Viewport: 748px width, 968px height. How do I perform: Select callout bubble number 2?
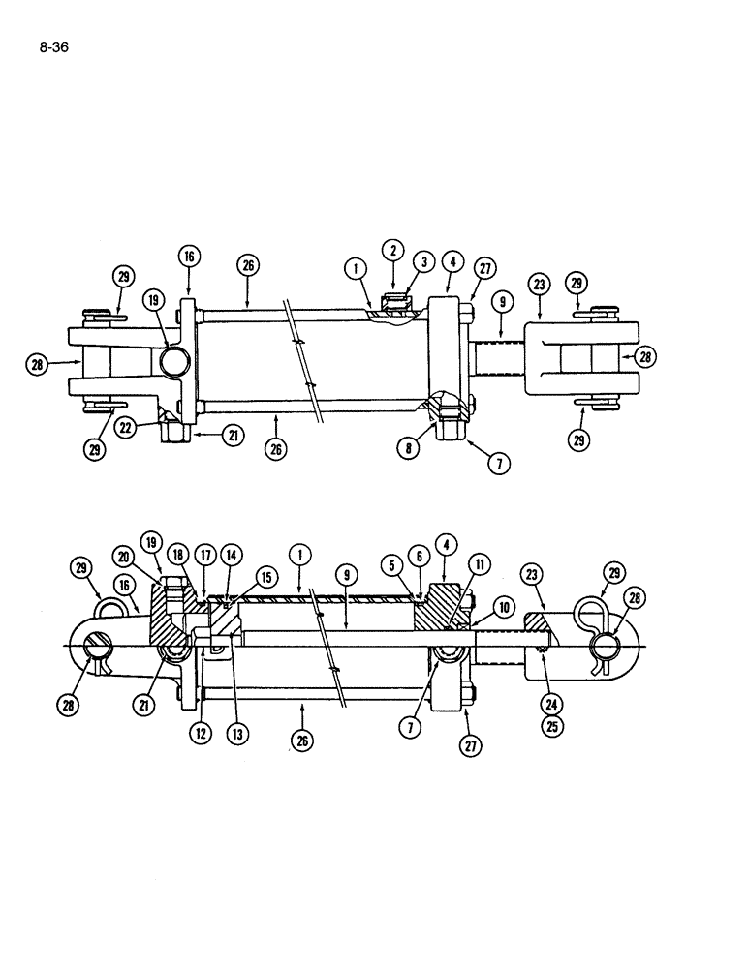pyautogui.click(x=393, y=249)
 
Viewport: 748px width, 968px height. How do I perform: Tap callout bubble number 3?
pyautogui.click(x=423, y=261)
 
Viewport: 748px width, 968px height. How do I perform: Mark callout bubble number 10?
pyautogui.click(x=505, y=607)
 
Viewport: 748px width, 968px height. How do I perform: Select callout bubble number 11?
pyautogui.click(x=478, y=564)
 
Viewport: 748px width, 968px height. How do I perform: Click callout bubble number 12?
pyautogui.click(x=203, y=733)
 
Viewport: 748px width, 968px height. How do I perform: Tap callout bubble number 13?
pyautogui.click(x=236, y=733)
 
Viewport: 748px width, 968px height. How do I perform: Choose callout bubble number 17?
pyautogui.click(x=204, y=554)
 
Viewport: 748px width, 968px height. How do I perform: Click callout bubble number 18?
pyautogui.click(x=178, y=553)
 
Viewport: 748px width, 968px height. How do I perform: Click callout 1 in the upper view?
pyautogui.click(x=356, y=267)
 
